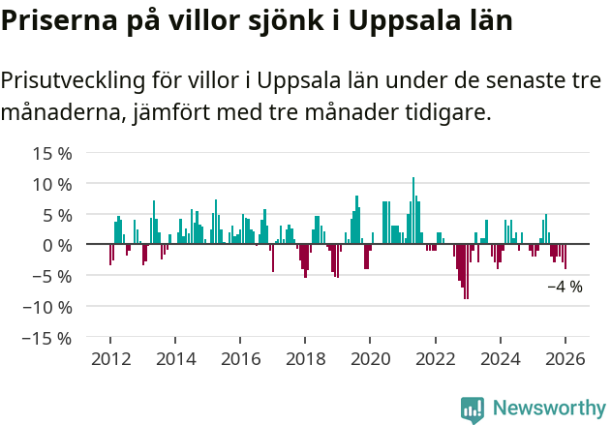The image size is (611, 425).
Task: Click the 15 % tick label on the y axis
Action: click(x=52, y=153)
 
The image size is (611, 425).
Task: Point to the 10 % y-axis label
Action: click(x=52, y=184)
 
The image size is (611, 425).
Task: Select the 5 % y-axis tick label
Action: click(x=57, y=215)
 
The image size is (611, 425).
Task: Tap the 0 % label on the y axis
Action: click(x=57, y=245)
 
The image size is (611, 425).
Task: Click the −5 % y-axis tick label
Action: click(x=52, y=276)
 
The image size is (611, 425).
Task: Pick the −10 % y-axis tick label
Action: click(x=47, y=307)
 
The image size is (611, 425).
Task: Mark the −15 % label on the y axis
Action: click(x=47, y=338)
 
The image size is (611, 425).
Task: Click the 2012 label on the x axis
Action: click(x=110, y=358)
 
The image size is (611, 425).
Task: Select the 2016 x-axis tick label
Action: click(x=240, y=358)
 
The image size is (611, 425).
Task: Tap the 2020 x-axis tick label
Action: click(x=370, y=358)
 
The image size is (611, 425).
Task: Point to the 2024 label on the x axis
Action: click(x=500, y=358)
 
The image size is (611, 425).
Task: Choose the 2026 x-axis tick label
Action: click(x=565, y=358)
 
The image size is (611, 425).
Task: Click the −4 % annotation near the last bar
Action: click(x=565, y=287)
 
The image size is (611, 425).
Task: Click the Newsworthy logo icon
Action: click(x=473, y=409)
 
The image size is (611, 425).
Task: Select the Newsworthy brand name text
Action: click(x=548, y=409)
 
